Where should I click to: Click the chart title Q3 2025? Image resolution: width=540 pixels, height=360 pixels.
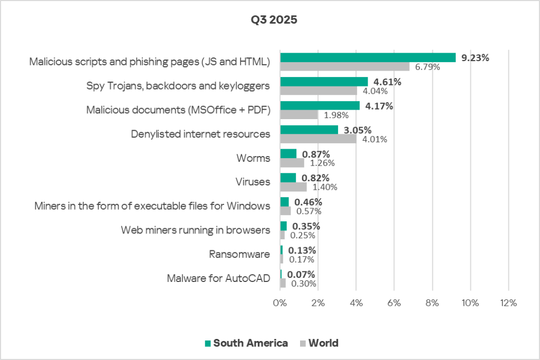[x=274, y=21]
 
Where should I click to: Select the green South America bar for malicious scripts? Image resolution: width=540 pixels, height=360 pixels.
[x=368, y=57]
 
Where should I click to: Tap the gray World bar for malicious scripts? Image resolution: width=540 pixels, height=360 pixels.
[x=344, y=66]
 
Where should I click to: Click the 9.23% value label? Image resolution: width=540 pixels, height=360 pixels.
[x=475, y=58]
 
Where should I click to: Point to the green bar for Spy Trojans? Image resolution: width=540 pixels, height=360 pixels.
[x=324, y=82]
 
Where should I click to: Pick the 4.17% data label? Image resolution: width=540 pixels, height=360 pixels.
[x=379, y=106]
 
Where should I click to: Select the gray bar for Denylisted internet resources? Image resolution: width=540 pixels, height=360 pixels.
[x=318, y=139]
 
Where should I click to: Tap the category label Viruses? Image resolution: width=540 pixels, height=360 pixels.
[x=253, y=182]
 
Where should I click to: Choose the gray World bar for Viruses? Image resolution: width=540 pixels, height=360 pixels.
[x=293, y=187]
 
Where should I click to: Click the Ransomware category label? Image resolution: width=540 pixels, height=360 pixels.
[x=239, y=255]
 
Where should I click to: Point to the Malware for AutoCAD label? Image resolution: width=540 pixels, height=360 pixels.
[x=218, y=279]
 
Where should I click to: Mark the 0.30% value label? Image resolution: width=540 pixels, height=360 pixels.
[x=303, y=284]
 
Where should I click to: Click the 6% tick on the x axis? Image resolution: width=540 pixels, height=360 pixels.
[x=394, y=303]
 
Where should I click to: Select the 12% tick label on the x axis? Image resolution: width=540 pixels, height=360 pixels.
[x=508, y=303]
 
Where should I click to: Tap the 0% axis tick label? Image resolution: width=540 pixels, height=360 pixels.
[x=279, y=303]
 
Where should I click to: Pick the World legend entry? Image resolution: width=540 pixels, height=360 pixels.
[x=319, y=343]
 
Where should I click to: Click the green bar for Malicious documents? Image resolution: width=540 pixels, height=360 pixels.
[x=320, y=106]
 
